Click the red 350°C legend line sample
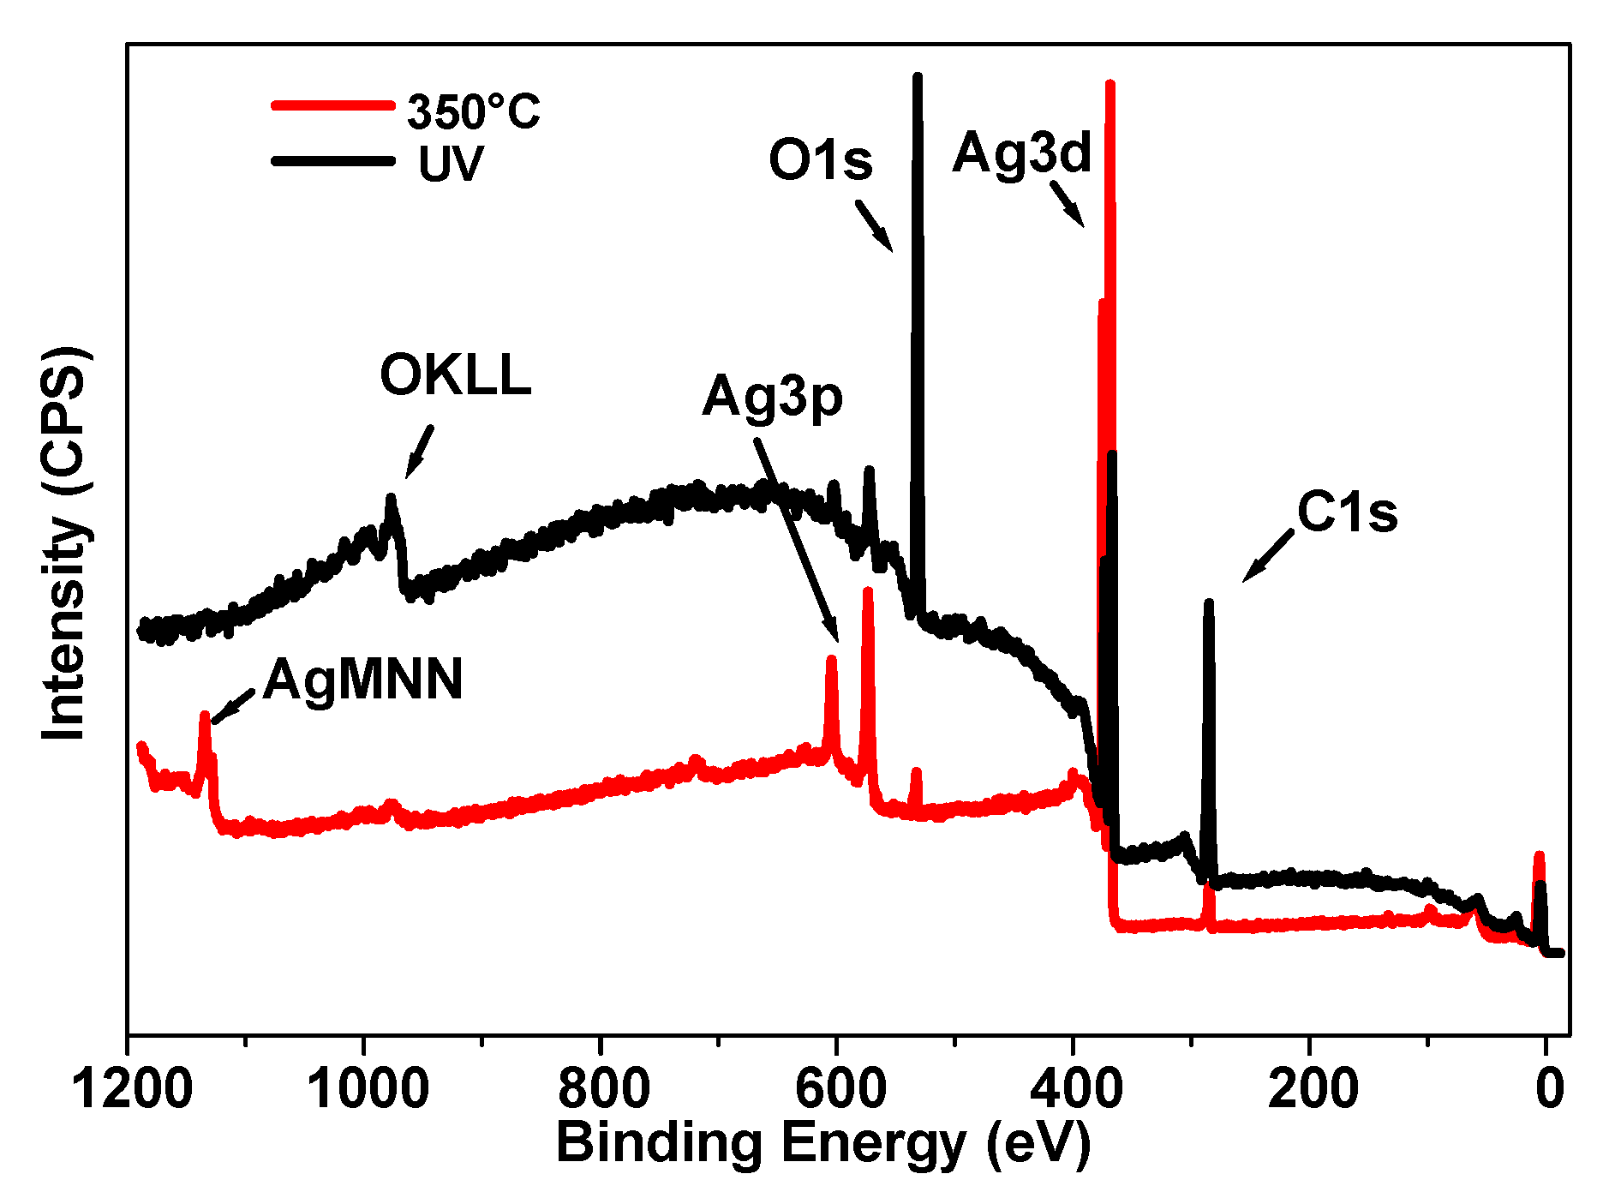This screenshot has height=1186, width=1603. pyautogui.click(x=332, y=106)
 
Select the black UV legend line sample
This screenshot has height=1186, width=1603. pyautogui.click(x=332, y=160)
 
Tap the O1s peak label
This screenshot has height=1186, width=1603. pyautogui.click(x=820, y=160)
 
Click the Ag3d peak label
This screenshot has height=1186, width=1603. pyautogui.click(x=1021, y=153)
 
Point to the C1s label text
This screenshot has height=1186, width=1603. pyautogui.click(x=1347, y=512)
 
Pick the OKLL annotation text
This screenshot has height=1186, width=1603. pyautogui.click(x=455, y=375)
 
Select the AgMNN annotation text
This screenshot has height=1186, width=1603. pyautogui.click(x=362, y=680)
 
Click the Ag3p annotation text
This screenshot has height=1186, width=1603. pyautogui.click(x=772, y=398)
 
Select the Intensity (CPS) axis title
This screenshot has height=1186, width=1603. pyautogui.click(x=64, y=543)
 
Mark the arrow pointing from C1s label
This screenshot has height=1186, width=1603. pyautogui.click(x=1268, y=555)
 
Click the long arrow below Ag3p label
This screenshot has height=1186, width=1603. pyautogui.click(x=796, y=540)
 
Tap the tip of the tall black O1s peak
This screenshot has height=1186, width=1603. pyautogui.click(x=918, y=77)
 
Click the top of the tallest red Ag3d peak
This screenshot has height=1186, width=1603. pyautogui.click(x=1110, y=84)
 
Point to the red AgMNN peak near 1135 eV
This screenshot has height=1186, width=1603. pyautogui.click(x=205, y=715)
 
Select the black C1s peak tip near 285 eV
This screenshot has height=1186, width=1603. pyautogui.click(x=1209, y=602)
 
